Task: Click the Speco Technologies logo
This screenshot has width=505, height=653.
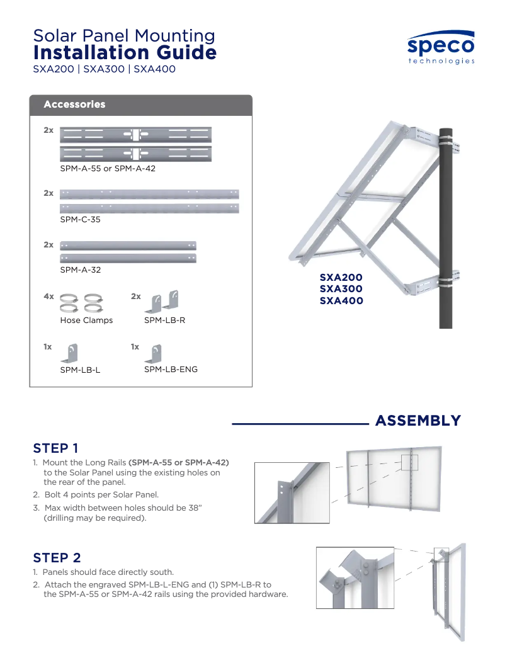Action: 441,48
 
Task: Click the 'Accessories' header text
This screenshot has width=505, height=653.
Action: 74,105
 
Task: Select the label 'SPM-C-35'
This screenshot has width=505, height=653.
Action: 80,220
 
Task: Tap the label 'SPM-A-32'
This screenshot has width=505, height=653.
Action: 81,270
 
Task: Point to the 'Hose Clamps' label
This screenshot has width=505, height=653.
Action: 86,321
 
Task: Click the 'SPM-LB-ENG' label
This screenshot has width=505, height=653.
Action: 171,370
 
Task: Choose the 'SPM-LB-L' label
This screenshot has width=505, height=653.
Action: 80,370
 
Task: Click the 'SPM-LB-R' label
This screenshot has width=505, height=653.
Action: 164,321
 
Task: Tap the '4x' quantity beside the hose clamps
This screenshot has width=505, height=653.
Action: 48,296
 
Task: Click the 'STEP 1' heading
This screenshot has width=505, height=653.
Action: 55,448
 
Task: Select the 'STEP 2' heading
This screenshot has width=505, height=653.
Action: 57,558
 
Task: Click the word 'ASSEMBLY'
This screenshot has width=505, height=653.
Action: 418,421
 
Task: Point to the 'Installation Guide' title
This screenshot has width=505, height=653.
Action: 125,53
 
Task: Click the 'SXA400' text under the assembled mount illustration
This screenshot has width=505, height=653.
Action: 341,301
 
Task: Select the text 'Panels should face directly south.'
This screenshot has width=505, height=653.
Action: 108,572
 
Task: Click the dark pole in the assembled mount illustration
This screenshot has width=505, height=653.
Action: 446,239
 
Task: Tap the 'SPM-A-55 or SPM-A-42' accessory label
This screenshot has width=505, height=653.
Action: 108,169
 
